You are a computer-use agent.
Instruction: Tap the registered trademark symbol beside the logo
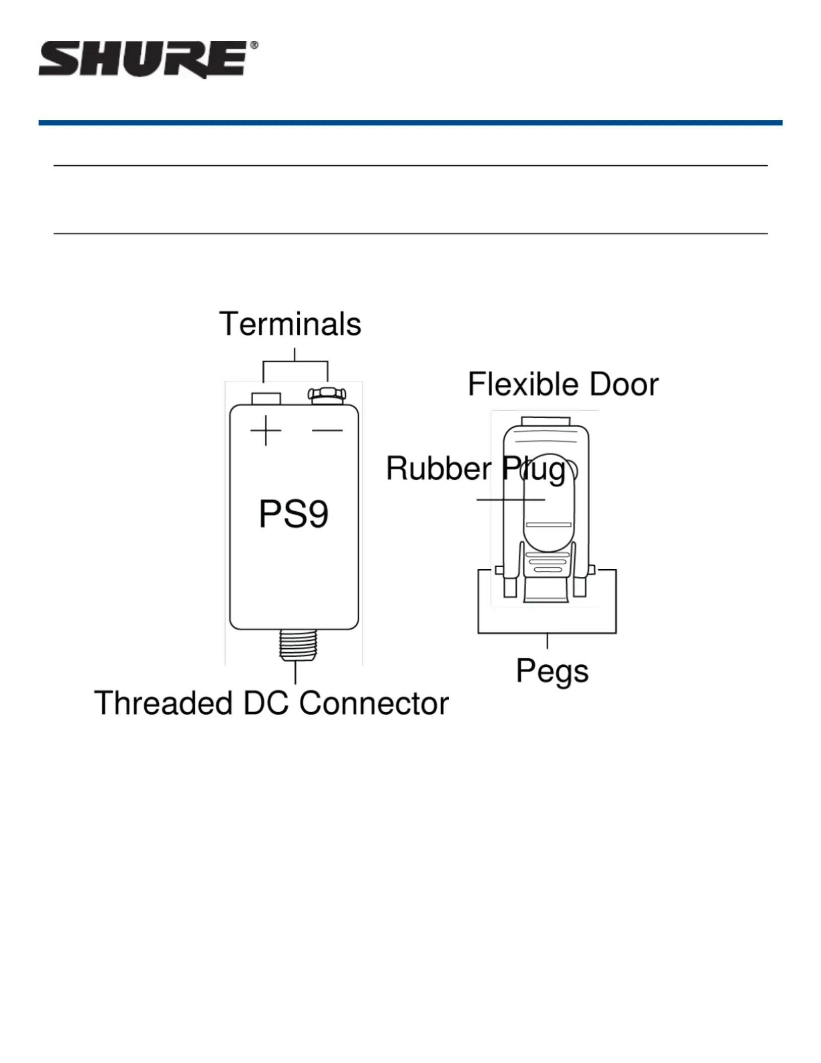[x=254, y=45]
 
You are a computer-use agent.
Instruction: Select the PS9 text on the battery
[x=294, y=514]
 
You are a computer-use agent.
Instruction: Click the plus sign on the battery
[x=266, y=430]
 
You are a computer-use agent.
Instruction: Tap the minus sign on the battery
[x=327, y=430]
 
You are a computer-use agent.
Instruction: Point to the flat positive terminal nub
[x=266, y=399]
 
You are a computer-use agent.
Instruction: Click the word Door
[x=623, y=385]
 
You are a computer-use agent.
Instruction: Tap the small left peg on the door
[x=499, y=570]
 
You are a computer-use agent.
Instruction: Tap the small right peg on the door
[x=592, y=570]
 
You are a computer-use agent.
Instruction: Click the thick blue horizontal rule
[x=410, y=123]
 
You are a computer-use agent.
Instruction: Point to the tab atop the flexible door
[x=545, y=421]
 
